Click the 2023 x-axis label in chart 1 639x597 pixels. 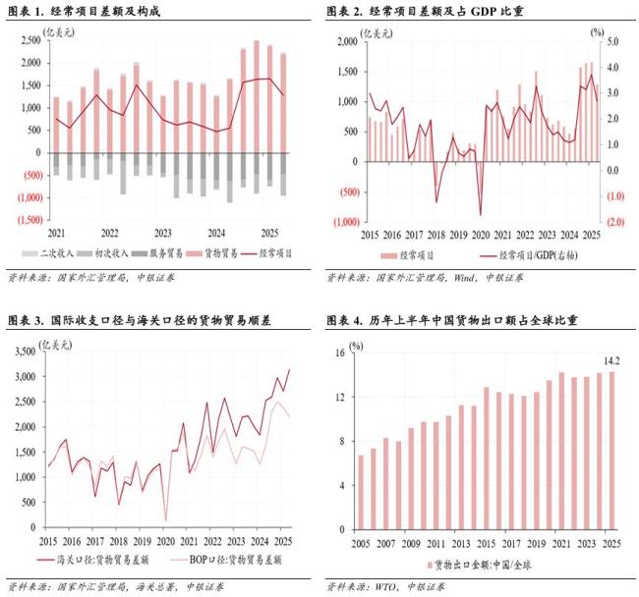pos(163,233)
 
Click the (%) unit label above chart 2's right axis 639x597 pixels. pos(597,30)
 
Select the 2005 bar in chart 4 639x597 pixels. pos(361,492)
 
